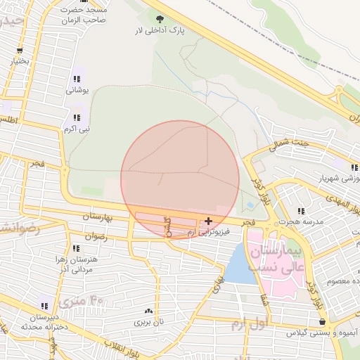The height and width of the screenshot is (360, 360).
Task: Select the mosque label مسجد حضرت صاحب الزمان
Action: click(83, 14)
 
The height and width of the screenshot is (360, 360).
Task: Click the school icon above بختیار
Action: click(20, 51)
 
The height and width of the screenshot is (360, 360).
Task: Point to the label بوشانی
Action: click(76, 91)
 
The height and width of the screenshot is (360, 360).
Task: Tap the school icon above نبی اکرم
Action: click(76, 117)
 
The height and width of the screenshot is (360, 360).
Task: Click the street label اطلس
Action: click(10, 121)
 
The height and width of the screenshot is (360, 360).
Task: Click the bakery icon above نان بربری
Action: click(148, 311)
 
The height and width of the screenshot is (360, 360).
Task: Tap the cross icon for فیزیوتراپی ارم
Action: click(208, 221)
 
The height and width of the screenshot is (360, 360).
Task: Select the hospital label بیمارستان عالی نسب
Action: click(276, 259)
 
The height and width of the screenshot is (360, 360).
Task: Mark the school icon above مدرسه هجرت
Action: click(301, 210)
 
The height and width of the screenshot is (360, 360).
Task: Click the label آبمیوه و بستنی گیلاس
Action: click(322, 332)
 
